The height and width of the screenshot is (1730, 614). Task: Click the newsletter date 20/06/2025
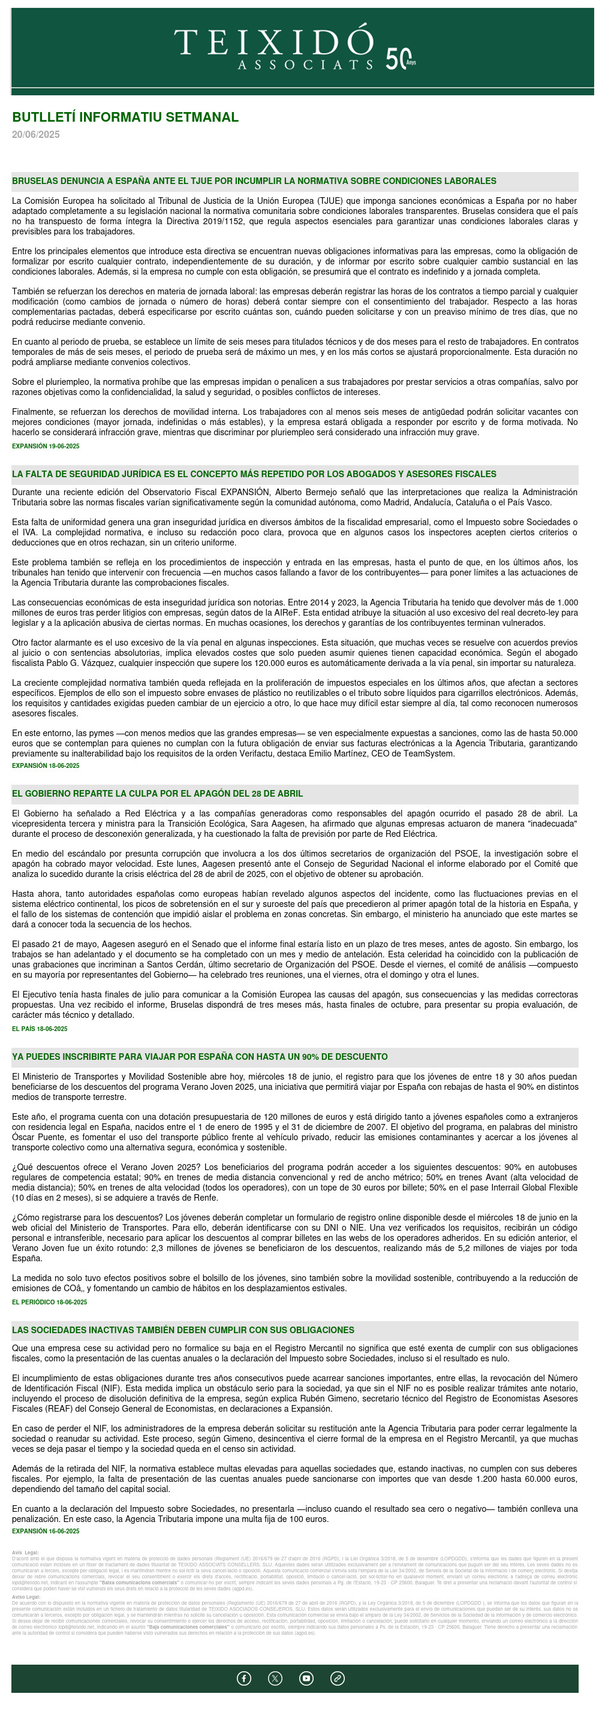click(35, 134)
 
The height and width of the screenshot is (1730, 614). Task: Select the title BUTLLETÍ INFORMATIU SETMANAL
click(125, 117)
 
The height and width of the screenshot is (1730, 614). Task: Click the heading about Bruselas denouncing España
click(254, 180)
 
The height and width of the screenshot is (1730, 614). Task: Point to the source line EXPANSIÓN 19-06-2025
click(46, 446)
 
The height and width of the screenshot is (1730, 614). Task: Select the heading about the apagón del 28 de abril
click(157, 793)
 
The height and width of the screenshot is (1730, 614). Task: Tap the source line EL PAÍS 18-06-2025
click(40, 1028)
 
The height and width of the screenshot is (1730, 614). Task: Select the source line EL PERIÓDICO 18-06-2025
click(49, 1301)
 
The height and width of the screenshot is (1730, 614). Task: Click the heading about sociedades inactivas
click(183, 1330)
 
